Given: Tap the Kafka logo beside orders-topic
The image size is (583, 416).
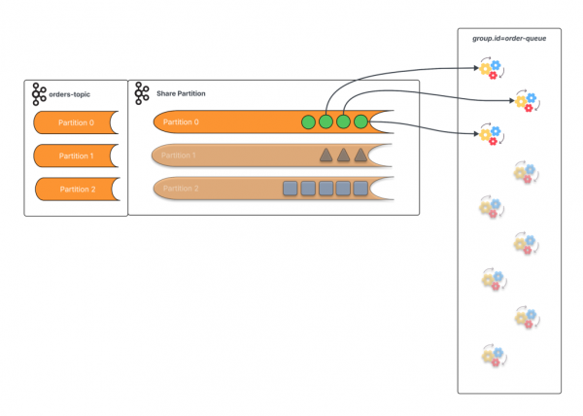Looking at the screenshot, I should tap(39, 93).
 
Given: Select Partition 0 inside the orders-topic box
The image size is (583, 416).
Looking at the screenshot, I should tap(76, 122).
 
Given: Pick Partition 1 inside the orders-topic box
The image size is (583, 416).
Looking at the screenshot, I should tap(76, 156).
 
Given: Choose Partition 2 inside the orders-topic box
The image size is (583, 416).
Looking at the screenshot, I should tap(76, 189).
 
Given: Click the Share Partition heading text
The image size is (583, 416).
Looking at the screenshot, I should tap(181, 93).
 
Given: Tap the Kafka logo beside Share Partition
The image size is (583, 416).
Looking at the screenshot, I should tap(142, 93).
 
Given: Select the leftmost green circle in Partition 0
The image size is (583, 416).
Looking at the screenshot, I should tap(308, 121).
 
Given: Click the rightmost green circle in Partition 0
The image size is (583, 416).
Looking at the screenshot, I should tap(360, 121).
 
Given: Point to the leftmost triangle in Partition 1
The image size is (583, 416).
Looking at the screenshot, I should tap(326, 156).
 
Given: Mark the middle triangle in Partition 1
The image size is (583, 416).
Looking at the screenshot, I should tap(343, 156).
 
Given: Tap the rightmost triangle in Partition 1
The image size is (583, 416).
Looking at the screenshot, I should tap(360, 156).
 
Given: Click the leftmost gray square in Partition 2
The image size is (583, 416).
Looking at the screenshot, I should tap(290, 189).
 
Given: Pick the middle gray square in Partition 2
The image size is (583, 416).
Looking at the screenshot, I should tap(326, 189).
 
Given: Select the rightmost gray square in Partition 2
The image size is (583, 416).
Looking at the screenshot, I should tap(360, 189).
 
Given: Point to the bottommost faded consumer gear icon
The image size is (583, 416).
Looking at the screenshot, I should tap(491, 356).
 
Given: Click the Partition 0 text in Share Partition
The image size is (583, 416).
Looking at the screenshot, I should tap(181, 121).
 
